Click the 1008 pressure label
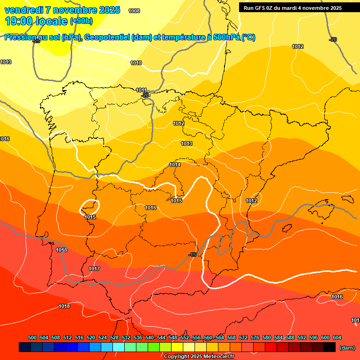point(134,11)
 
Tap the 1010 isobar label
point(136,63)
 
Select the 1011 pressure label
point(142,90)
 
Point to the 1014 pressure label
point(175,165)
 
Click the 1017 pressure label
point(94,269)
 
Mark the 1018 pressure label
point(64,306)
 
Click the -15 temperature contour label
point(192,255)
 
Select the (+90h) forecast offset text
point(81,21)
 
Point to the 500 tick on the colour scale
point(32,337)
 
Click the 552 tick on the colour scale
point(185,337)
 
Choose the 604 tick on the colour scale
point(337,337)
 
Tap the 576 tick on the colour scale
point(255,337)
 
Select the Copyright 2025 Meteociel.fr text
point(199,356)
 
